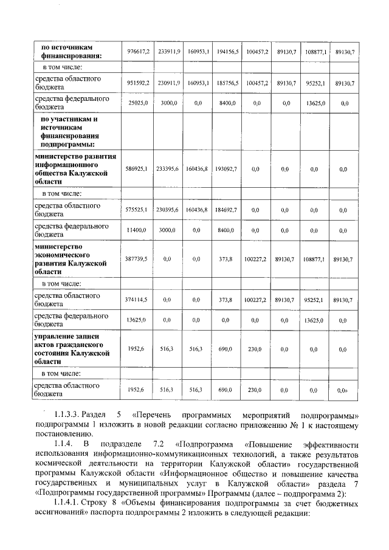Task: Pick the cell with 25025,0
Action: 139,103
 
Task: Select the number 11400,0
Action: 139,230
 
